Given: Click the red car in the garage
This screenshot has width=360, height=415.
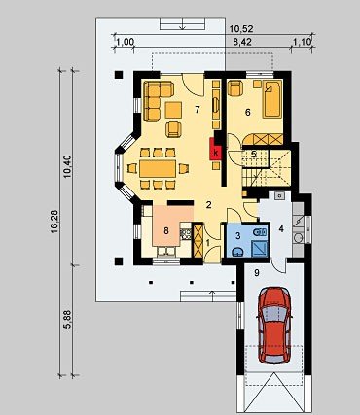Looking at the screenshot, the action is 274,325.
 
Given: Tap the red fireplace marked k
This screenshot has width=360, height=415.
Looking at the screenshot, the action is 216,149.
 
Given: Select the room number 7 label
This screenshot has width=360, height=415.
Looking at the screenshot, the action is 198,110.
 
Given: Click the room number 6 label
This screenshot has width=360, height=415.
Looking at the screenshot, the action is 248,113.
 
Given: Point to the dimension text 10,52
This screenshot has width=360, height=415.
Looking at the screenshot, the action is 241,29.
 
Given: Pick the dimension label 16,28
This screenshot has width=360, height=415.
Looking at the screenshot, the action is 54,222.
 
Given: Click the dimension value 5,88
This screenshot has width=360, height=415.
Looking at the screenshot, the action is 67,320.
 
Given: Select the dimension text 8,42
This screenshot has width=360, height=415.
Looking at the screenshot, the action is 242,42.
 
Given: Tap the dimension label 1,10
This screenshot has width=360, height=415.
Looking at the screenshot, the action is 303,42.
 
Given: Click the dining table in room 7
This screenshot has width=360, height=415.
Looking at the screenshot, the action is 158,168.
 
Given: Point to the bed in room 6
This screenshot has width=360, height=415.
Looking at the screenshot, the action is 271,99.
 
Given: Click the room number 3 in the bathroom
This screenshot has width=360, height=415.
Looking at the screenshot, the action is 237,236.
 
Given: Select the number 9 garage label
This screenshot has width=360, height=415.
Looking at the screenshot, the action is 257,273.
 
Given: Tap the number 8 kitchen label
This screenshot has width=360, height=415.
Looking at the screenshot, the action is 166,231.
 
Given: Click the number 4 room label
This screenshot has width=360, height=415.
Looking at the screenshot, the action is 281,229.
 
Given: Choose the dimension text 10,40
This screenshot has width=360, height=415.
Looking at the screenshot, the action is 67,166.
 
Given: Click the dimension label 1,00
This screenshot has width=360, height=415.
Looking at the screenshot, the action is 125,42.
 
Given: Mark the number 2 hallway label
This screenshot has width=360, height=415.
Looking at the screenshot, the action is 209,205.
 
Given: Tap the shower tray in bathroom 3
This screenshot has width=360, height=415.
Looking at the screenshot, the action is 260,249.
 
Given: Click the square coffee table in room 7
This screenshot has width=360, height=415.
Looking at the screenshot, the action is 173,110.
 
